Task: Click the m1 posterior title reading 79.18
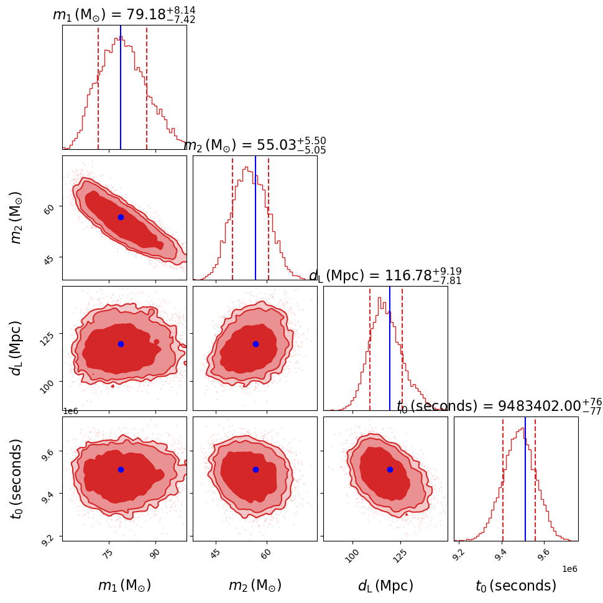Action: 124,14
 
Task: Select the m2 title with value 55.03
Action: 254,145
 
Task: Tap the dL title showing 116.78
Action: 385,275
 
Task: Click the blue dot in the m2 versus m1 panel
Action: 121,217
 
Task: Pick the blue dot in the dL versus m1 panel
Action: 121,344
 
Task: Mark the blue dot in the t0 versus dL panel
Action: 390,469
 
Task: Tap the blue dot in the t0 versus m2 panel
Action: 255,469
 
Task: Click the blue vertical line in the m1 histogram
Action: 121,87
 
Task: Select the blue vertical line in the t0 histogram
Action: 525,479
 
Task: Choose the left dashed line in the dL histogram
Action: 370,348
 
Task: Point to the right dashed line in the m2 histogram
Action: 269,218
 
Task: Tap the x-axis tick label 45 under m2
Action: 215,555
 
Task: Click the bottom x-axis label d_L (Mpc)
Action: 385,586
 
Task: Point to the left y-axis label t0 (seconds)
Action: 17,479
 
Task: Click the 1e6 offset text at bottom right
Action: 569,569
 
